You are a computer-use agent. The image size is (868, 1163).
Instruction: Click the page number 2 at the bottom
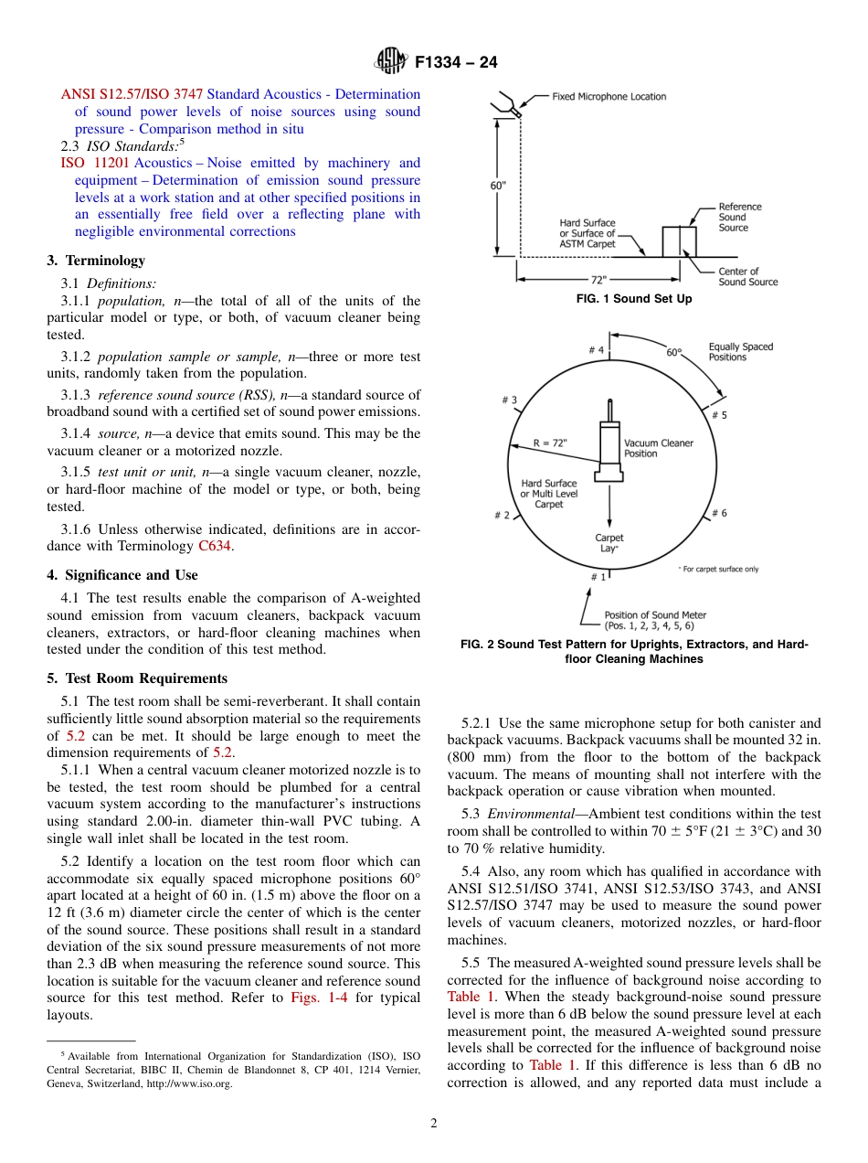[434, 1124]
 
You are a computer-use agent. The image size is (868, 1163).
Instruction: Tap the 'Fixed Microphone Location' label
[609, 97]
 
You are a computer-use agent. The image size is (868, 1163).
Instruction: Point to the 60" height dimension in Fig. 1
[498, 186]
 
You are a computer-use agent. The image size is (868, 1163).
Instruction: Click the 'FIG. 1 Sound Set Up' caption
[627, 300]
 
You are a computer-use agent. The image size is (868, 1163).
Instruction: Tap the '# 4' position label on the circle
[596, 350]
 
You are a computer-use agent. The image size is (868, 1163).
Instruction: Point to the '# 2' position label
[502, 516]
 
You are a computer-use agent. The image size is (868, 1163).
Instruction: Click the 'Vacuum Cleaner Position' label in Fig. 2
[658, 448]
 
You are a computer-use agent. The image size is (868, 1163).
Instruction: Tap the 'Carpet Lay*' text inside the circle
[609, 543]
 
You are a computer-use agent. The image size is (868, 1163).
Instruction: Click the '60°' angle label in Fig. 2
[673, 352]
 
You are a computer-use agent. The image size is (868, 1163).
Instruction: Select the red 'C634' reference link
[216, 548]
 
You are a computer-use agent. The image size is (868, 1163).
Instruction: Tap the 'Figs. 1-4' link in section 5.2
[316, 998]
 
